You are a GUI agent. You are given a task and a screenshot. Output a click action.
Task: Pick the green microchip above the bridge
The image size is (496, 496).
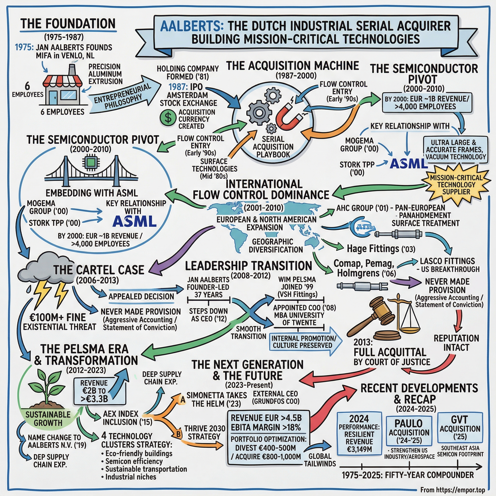tap(90, 162)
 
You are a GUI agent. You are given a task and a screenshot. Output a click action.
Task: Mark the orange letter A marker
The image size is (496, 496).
tap(183, 399)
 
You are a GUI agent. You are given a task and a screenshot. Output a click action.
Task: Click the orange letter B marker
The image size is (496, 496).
tap(179, 434)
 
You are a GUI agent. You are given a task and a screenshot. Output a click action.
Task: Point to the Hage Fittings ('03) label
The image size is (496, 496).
tap(381, 248)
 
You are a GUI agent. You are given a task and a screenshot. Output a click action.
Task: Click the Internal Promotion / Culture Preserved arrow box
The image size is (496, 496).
tap(304, 341)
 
